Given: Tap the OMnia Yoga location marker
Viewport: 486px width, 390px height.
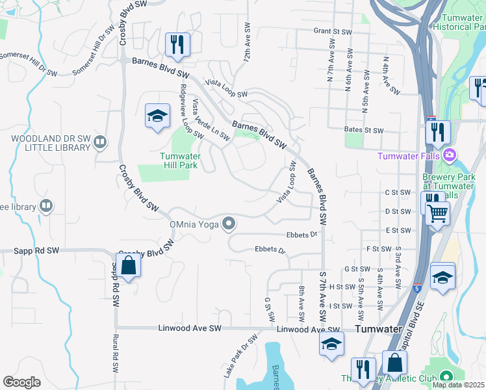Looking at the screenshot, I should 228,224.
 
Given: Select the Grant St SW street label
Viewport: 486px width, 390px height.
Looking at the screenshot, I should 333,31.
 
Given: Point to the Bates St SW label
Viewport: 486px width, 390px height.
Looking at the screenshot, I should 366,130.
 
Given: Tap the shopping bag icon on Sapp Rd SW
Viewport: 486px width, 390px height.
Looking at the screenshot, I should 128,265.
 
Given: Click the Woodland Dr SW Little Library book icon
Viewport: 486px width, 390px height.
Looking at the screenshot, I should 99,142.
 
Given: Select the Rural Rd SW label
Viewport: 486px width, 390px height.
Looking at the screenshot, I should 114,353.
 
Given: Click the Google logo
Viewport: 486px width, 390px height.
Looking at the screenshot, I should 21,382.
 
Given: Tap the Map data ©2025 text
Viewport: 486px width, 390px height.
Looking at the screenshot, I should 459,385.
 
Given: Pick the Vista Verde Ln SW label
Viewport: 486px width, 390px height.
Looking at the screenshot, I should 211,120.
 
